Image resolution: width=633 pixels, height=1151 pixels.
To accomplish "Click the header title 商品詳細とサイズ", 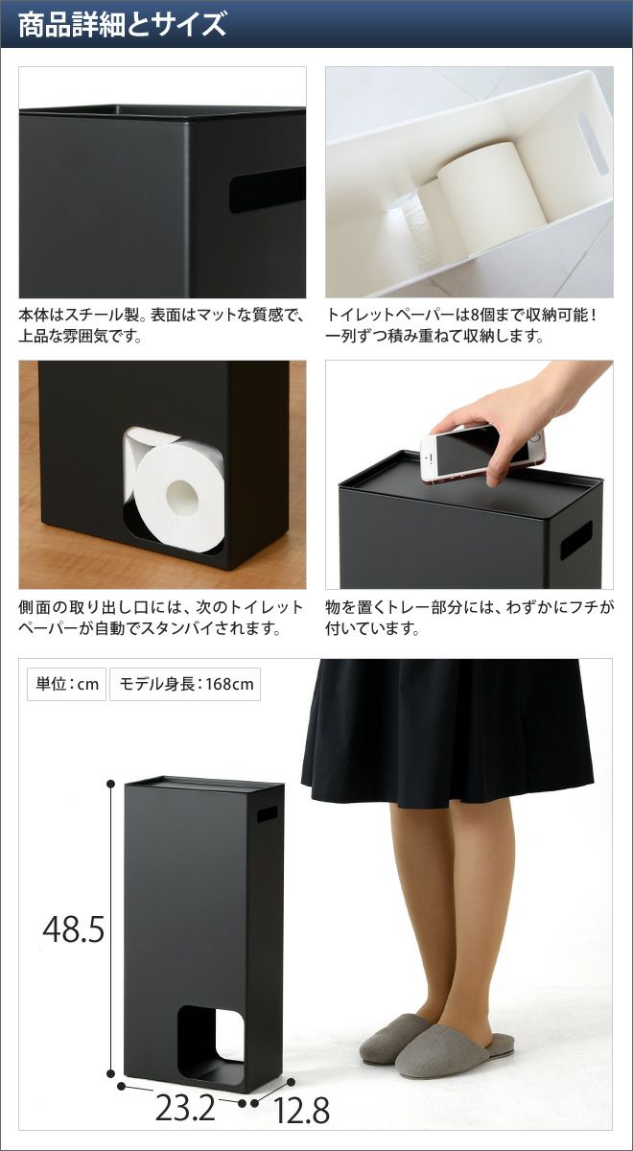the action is [123, 24].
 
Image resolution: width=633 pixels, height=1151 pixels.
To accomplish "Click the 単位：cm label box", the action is [67, 684].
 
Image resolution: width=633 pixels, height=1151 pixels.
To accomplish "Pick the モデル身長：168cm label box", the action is [185, 684].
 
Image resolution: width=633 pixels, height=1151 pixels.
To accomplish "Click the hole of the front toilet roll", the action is [181, 496].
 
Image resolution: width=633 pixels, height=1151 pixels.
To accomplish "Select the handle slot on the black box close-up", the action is [268, 188].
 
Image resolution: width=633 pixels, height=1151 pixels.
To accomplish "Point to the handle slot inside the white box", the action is [592, 142].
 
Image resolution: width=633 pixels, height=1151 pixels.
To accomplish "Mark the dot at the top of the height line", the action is [110, 783].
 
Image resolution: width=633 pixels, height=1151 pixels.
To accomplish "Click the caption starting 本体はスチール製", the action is [161, 325].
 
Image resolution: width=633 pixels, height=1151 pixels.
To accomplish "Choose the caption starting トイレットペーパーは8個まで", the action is [462, 325].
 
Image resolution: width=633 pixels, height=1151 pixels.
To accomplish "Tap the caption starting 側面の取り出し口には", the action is [161, 618].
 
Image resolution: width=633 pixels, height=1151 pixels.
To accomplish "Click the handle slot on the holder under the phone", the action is [576, 539].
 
